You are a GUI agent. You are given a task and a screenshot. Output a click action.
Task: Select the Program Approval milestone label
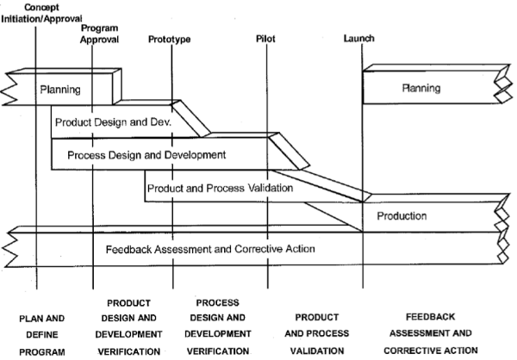tap(99, 34)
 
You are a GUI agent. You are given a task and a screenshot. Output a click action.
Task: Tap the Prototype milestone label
tap(170, 40)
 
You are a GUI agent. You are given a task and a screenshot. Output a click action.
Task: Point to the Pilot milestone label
tap(266, 40)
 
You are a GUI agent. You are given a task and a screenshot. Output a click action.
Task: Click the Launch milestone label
tap(358, 40)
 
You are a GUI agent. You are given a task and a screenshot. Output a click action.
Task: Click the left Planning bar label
tap(60, 89)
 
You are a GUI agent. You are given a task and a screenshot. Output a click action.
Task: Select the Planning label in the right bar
tap(421, 89)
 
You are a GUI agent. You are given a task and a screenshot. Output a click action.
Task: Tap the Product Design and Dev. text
tap(114, 122)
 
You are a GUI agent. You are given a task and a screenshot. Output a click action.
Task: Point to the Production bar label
tap(402, 216)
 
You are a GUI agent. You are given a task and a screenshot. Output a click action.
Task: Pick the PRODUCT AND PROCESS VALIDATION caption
tap(315, 334)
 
